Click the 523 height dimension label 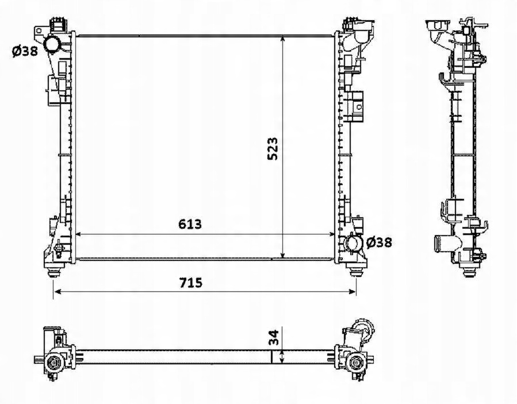pos(273,149)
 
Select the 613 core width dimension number pos(190,224)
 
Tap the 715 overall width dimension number pos(190,282)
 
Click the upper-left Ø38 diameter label pos(25,51)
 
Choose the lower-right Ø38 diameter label pos(379,242)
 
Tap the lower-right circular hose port pos(352,243)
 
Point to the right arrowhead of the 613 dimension pos(331,234)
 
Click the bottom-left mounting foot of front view pos(53,272)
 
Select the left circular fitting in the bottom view pos(53,363)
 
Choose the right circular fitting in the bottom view pos(357,363)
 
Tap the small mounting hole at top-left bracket pos(39,31)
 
